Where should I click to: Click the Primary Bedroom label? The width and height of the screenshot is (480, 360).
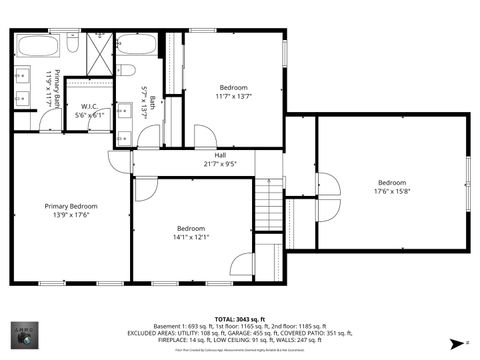(x=70, y=205)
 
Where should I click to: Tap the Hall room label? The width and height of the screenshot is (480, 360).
(x=220, y=154)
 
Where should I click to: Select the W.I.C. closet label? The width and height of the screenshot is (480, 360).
(x=90, y=105)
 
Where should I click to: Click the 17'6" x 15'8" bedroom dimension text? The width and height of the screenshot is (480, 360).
(x=392, y=191)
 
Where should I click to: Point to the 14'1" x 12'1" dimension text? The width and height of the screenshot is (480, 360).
(x=191, y=236)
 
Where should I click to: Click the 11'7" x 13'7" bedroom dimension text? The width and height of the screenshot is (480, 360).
(x=233, y=96)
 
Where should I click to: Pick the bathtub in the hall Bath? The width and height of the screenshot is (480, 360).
(x=136, y=45)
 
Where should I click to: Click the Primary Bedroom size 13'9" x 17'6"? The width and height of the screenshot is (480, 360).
(x=70, y=214)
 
